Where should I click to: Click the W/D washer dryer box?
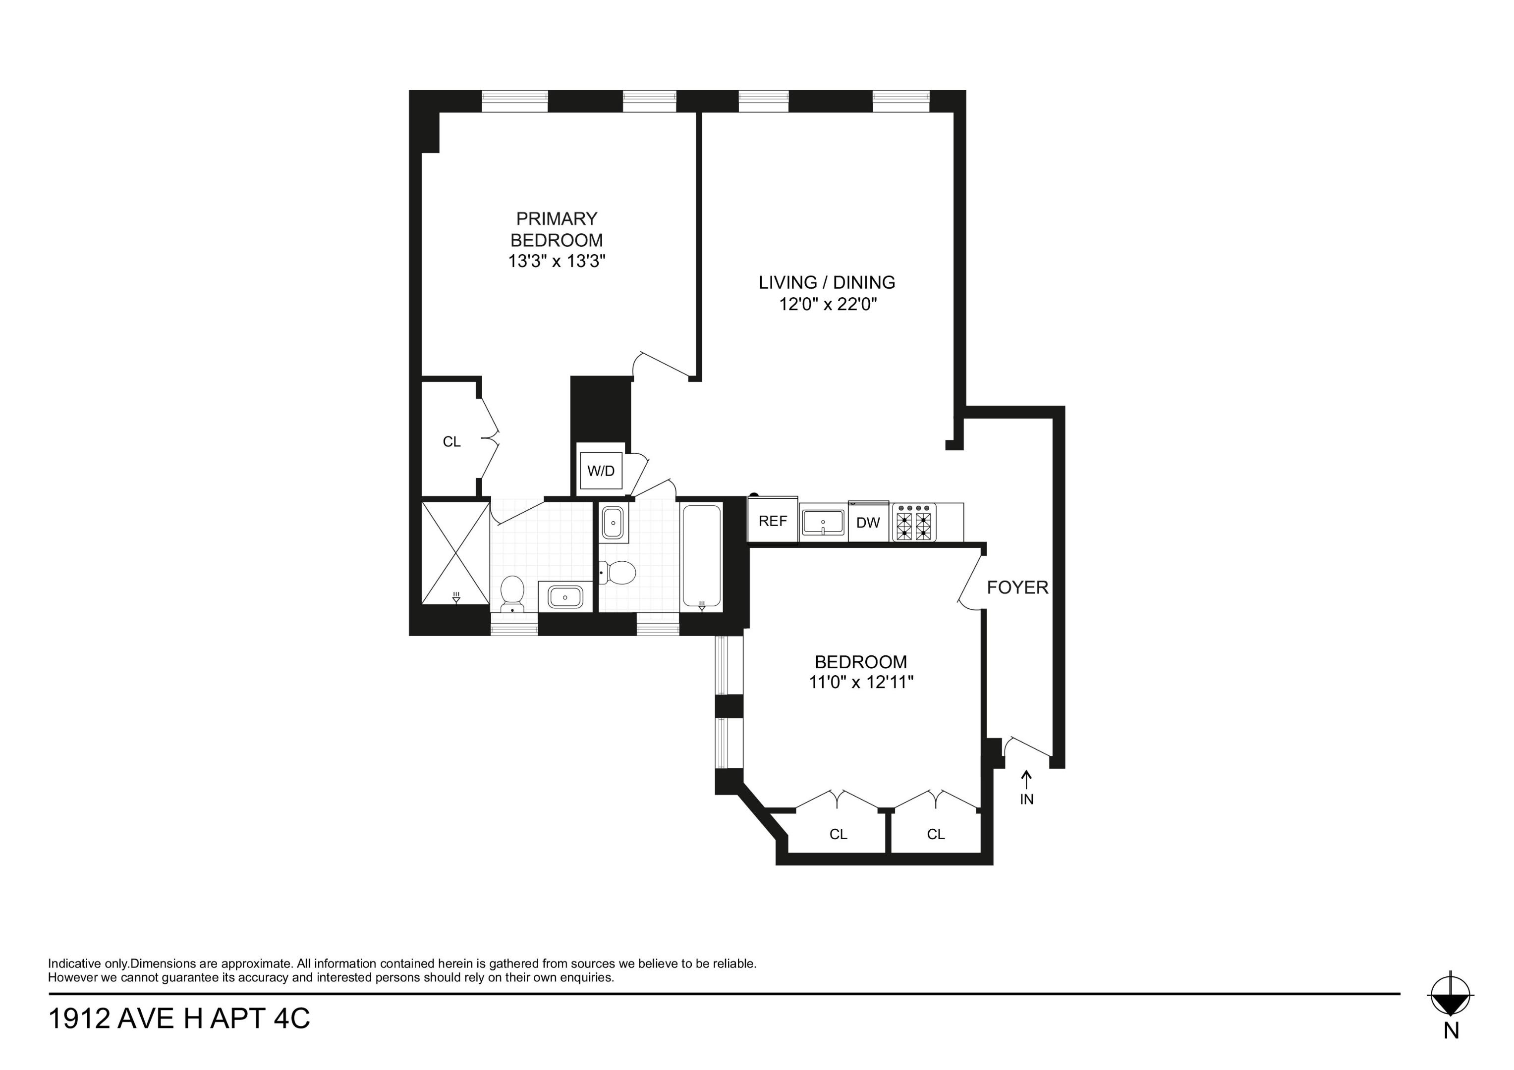600,471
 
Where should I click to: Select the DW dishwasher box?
868,523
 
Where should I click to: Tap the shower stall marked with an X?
455,552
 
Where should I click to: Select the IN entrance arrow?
1026,787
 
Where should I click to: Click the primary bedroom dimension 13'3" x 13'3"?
556,262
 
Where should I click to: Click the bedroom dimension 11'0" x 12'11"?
860,682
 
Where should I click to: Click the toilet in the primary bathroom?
512,592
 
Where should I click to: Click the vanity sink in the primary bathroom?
565,597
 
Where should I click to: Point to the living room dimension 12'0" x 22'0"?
828,305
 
